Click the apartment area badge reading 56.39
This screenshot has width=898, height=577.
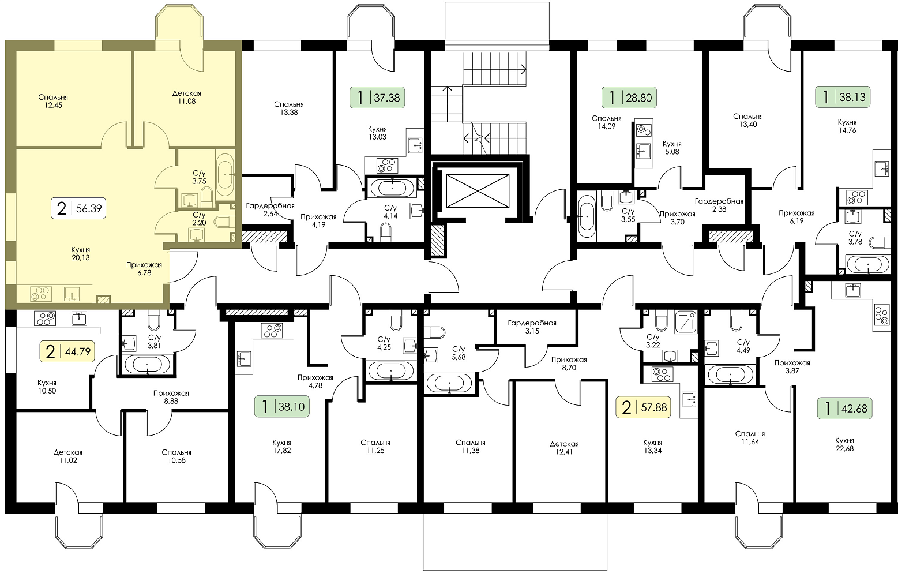tap(78, 208)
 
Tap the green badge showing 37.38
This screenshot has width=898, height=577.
tap(377, 98)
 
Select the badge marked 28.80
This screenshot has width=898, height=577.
tap(629, 98)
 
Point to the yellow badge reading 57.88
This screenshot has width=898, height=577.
tap(643, 407)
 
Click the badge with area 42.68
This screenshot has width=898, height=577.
tap(845, 409)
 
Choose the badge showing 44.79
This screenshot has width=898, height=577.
tap(67, 351)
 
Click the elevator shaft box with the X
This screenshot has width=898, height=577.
tap(478, 191)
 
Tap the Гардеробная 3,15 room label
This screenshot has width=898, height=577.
tap(532, 327)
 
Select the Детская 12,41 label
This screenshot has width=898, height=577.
tap(564, 448)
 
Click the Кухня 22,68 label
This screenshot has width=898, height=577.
tap(845, 445)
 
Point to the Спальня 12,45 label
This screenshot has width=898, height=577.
tap(53, 101)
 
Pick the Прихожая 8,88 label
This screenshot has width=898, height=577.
tap(171, 397)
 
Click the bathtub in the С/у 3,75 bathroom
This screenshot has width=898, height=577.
tap(226, 175)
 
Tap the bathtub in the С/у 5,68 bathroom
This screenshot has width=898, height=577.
tap(449, 383)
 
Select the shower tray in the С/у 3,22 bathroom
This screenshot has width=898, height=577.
tap(686, 322)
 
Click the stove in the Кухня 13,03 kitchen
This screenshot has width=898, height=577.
tap(387, 166)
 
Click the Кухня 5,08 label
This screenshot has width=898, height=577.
tap(672, 148)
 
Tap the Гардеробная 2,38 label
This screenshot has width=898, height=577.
tap(719, 205)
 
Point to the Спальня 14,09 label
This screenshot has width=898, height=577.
tap(607, 122)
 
